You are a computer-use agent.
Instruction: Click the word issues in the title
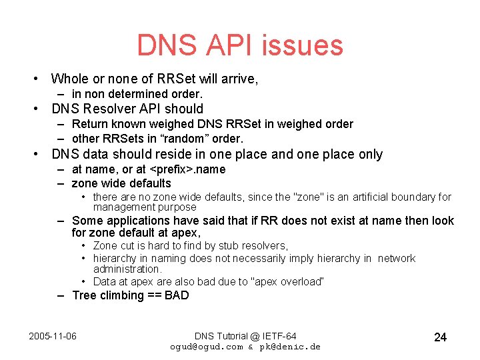[x=305, y=45]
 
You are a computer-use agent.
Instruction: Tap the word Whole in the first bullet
[x=69, y=79]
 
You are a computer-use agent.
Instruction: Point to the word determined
[x=143, y=94]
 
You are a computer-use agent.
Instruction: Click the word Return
[x=89, y=124]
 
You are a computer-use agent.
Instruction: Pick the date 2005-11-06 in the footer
[x=53, y=335]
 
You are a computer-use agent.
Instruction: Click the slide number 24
[x=440, y=337]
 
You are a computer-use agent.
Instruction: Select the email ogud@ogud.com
[x=207, y=347]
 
